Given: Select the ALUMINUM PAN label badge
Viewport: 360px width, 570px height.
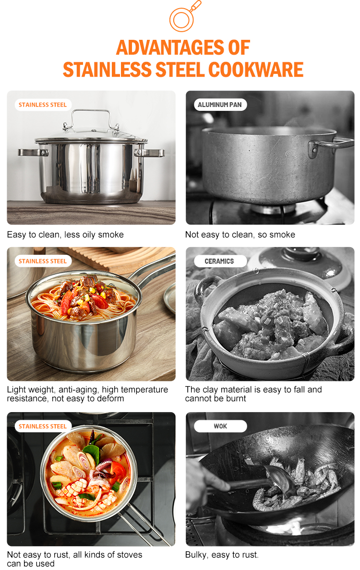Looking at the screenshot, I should pos(220,105).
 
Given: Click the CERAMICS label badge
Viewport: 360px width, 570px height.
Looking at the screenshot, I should pos(219,261).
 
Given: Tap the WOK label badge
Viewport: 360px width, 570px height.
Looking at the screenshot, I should pos(220,426).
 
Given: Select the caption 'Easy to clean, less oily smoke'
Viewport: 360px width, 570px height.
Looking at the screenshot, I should pos(65,235).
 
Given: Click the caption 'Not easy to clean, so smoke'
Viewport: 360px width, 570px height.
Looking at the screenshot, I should pos(240,235).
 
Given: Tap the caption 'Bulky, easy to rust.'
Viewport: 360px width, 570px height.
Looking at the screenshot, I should pos(222,555).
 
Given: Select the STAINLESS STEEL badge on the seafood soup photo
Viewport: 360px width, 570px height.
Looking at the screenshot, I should pos(43,426).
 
